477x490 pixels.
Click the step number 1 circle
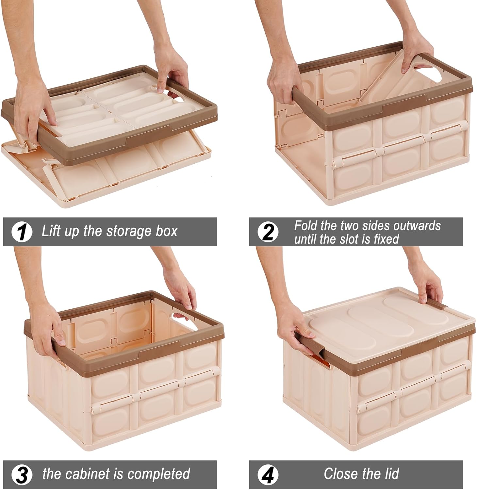(x=22, y=232)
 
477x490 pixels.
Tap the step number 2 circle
(x=268, y=232)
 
